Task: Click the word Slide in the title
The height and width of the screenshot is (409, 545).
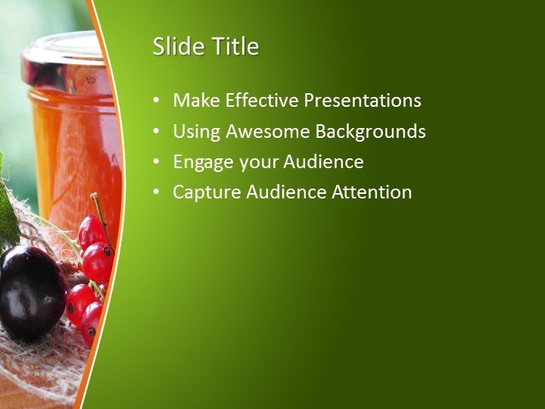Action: [172, 47]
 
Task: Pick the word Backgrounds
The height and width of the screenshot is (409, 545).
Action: [370, 132]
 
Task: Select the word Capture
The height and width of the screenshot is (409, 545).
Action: [205, 192]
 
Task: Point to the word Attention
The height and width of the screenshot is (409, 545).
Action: [372, 192]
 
